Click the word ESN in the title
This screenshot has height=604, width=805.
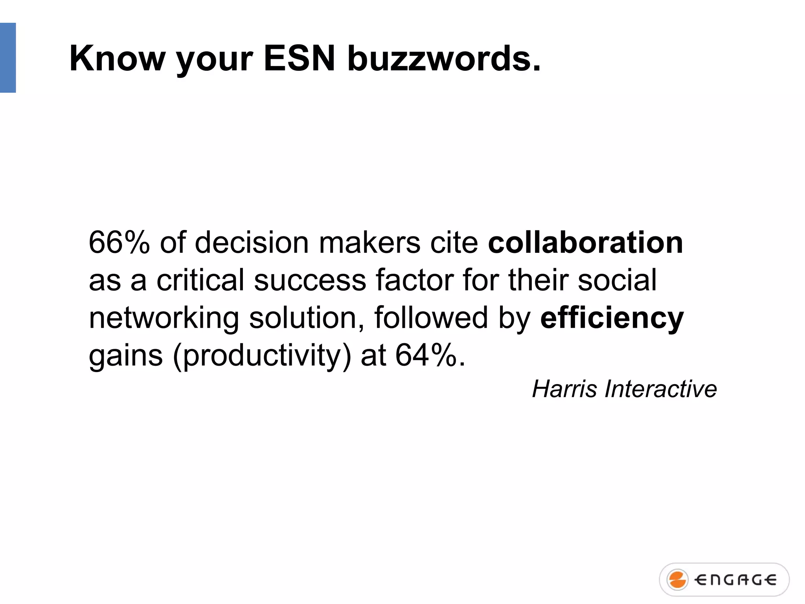[300, 59]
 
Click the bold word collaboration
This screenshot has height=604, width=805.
[585, 243]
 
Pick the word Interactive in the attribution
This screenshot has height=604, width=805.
[661, 389]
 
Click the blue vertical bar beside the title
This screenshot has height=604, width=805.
[8, 58]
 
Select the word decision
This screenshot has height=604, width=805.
[252, 243]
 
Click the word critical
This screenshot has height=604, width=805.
[200, 280]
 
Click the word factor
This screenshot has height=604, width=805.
[414, 280]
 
